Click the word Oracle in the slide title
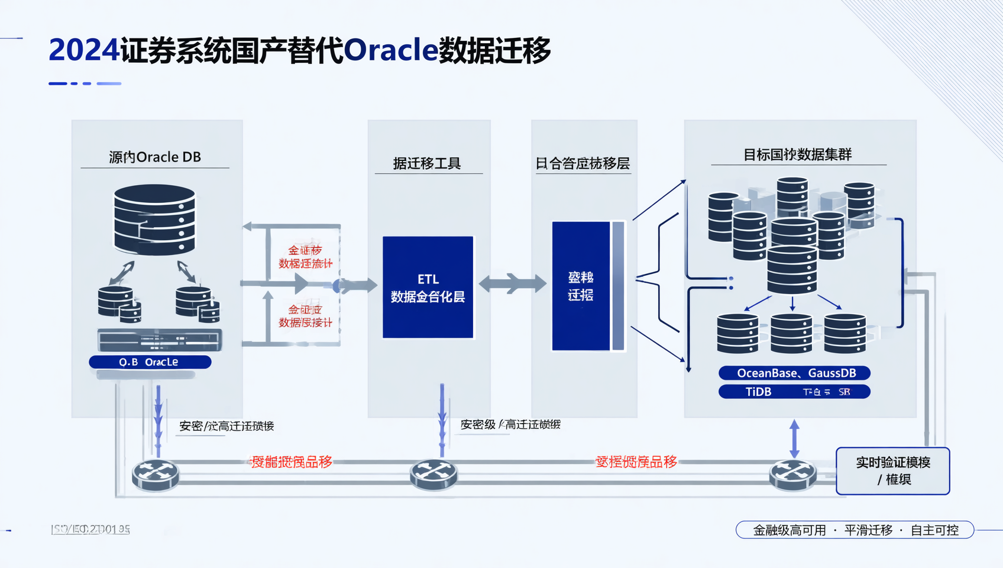click(x=390, y=50)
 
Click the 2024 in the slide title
click(x=84, y=50)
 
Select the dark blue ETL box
click(x=428, y=288)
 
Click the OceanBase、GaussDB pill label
click(x=795, y=373)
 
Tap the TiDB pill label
click(x=794, y=392)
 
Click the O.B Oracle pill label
click(x=150, y=362)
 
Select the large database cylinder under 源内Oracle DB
click(x=154, y=220)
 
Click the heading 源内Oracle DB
click(x=155, y=157)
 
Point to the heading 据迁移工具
click(x=427, y=163)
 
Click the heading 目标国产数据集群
click(x=797, y=155)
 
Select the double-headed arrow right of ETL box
click(x=512, y=284)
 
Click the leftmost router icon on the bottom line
click(x=156, y=475)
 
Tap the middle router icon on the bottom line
click(x=433, y=475)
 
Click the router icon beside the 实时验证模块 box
click(x=793, y=475)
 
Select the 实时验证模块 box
click(x=892, y=471)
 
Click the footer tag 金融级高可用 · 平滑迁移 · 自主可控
click(x=855, y=530)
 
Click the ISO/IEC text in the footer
click(x=90, y=530)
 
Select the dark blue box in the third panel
click(x=581, y=286)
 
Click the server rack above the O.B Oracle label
click(x=160, y=340)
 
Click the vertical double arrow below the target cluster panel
click(x=794, y=438)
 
